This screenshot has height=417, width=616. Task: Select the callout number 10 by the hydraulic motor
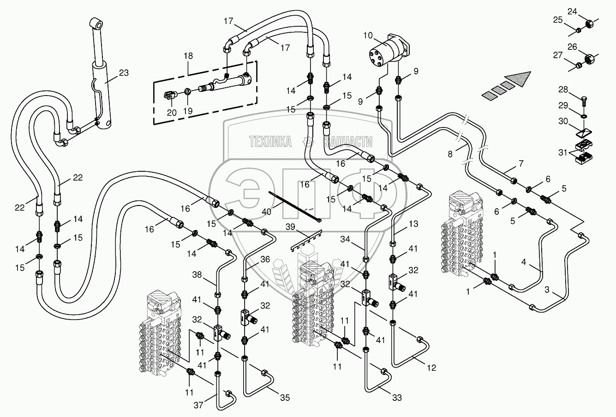368,36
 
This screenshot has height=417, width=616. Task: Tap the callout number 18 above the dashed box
188,56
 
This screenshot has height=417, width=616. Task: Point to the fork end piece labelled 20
170,96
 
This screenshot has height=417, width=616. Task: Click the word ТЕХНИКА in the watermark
270,142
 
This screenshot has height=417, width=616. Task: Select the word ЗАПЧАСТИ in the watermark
348,142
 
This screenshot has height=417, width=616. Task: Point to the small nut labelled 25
578,30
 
